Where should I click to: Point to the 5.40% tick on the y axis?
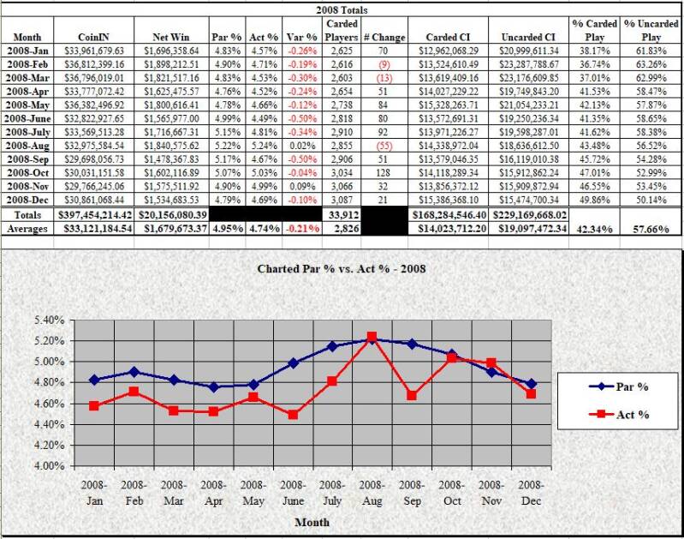(x=49, y=320)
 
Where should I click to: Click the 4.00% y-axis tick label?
(x=49, y=466)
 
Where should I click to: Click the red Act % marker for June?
(x=292, y=415)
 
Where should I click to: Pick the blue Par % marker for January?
(x=94, y=380)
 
